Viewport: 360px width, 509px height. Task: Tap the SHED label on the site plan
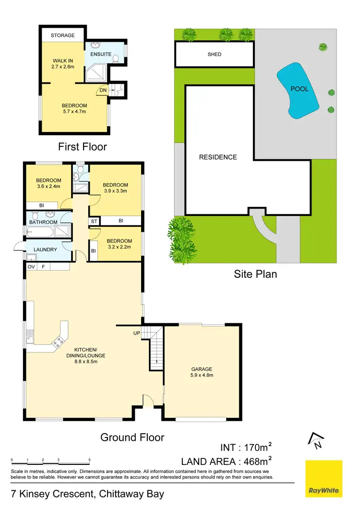(215, 54)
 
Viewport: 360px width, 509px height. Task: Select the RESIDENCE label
(218, 157)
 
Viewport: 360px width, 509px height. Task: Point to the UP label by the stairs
(137, 332)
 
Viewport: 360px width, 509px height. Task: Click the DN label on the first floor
(102, 90)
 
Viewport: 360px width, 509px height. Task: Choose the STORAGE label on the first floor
(63, 36)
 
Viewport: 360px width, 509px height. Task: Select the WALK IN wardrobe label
(63, 60)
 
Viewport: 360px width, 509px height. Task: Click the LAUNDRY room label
(46, 249)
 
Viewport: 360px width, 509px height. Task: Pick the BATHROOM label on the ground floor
(43, 222)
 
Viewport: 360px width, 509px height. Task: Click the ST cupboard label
(94, 221)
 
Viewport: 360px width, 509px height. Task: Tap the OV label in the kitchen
(31, 266)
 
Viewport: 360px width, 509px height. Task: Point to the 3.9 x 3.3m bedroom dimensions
(115, 191)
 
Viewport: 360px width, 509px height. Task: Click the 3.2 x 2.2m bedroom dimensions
(119, 247)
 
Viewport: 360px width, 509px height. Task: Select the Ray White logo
(324, 478)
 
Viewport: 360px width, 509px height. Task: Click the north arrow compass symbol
(315, 440)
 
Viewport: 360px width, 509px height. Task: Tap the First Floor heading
(83, 146)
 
